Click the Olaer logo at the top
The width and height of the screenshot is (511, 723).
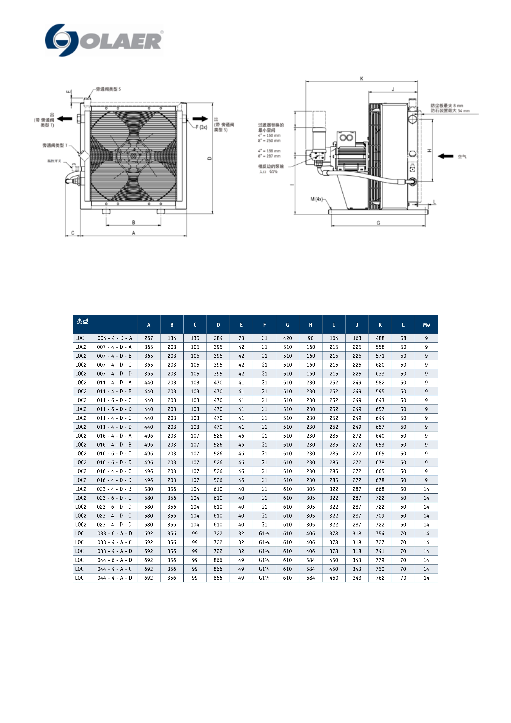(x=104, y=40)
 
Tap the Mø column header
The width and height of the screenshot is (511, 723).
(x=426, y=325)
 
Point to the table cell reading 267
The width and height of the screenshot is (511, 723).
(x=149, y=338)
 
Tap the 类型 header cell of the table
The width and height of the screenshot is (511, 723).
(x=82, y=321)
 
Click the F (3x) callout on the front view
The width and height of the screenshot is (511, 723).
(x=201, y=127)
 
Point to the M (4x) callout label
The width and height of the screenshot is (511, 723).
(x=316, y=199)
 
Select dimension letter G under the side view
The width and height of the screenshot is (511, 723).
(x=378, y=223)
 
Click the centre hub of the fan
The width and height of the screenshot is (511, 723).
(x=133, y=156)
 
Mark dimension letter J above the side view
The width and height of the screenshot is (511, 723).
(x=393, y=89)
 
